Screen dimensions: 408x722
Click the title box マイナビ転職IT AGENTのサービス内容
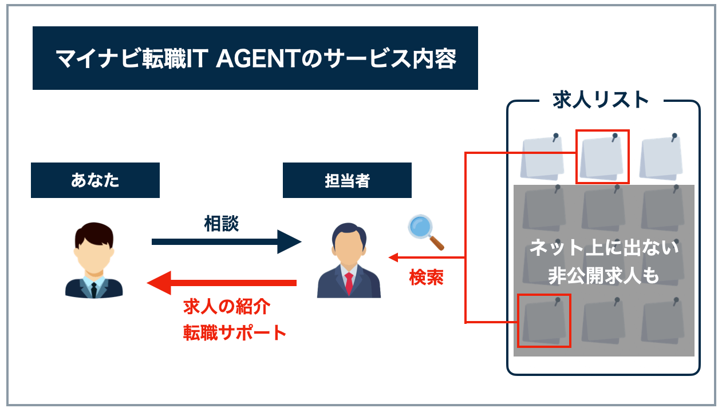255,58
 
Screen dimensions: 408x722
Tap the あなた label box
95,180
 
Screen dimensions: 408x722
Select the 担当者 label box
347,180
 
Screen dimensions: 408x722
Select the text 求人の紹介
226,307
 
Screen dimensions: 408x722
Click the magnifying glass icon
425,232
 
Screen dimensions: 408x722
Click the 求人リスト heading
601,100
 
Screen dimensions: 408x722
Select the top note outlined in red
602,156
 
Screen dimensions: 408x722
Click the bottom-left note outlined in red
544,320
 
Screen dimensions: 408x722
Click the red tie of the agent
349,283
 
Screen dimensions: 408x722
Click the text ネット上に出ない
603,249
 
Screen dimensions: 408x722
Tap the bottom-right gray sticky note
662,320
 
